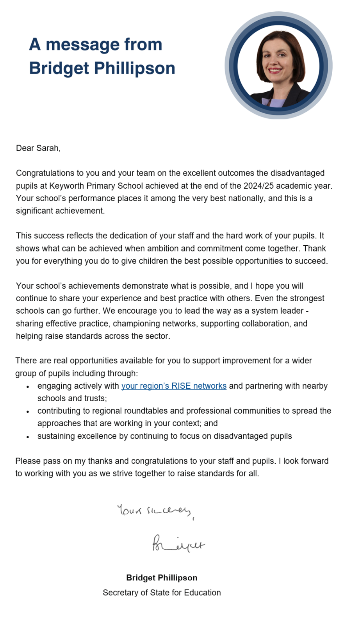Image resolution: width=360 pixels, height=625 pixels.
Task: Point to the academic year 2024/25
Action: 258,186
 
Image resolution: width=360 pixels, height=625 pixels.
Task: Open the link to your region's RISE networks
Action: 174,386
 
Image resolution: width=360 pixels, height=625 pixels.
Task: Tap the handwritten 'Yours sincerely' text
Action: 155,511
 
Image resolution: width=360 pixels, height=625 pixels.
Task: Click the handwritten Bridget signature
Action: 178,543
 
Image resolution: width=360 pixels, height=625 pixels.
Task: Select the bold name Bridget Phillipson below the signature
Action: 162,578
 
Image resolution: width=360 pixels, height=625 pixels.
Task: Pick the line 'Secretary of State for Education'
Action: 162,593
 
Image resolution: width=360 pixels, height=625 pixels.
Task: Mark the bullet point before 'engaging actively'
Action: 28,387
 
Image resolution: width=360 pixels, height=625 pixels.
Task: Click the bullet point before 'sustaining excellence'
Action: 28,437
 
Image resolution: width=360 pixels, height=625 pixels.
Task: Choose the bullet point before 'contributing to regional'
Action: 28,412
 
